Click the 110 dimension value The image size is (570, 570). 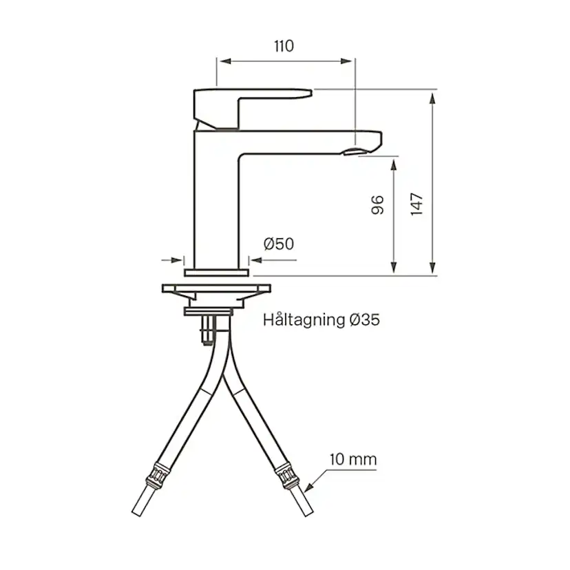click(x=284, y=46)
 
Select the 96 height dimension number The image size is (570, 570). click(x=377, y=204)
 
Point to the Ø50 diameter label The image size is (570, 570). click(x=278, y=244)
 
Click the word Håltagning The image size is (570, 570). click(x=303, y=319)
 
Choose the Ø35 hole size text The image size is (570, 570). click(x=364, y=319)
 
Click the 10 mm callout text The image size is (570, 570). click(x=352, y=459)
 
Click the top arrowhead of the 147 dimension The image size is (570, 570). click(x=432, y=96)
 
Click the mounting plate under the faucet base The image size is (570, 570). click(x=216, y=287)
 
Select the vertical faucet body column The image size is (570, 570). click(x=216, y=207)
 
